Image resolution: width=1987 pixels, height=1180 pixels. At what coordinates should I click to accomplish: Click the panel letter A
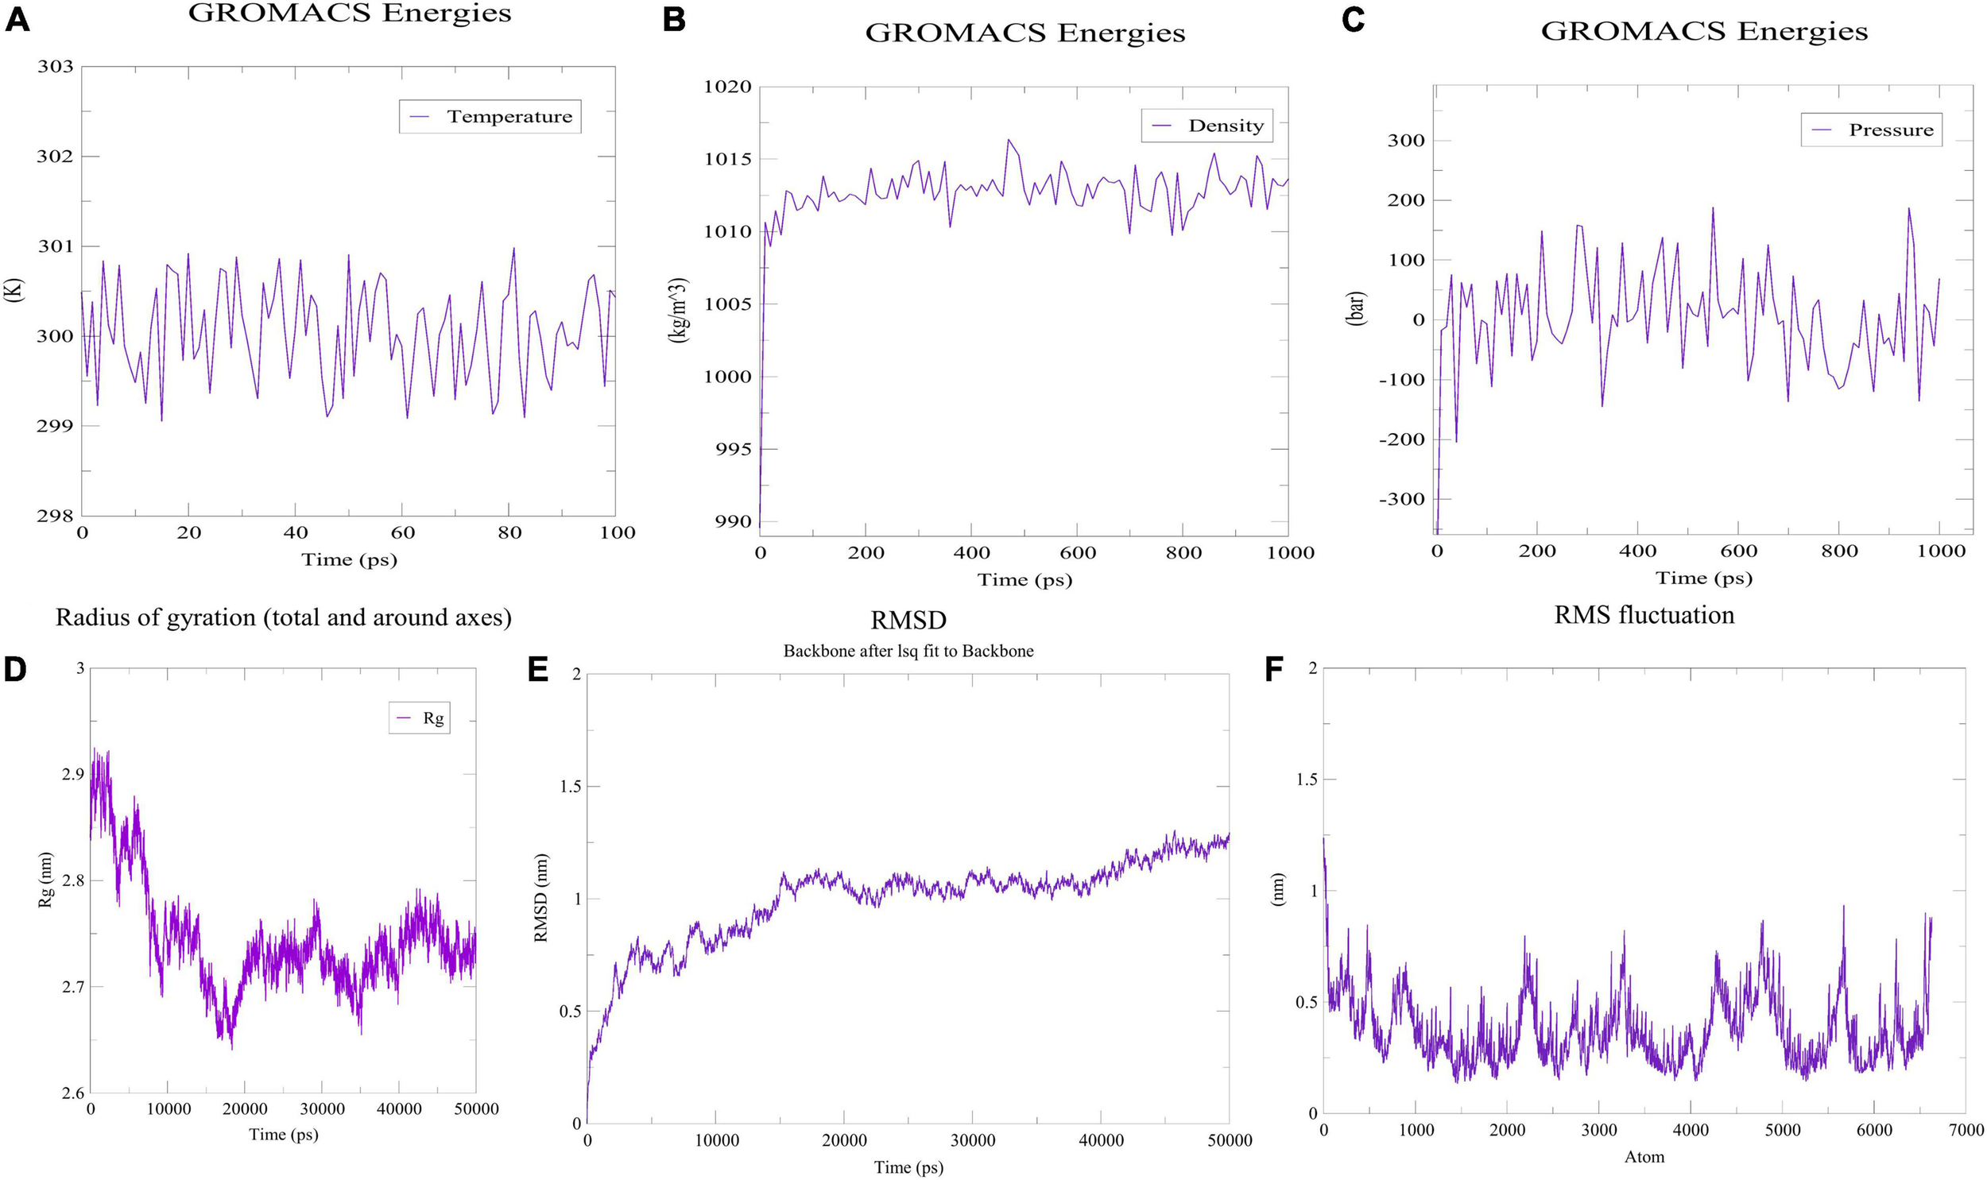tap(17, 20)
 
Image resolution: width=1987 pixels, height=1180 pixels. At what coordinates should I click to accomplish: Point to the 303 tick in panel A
tap(55, 67)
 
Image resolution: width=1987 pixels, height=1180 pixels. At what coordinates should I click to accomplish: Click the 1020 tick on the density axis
tap(727, 87)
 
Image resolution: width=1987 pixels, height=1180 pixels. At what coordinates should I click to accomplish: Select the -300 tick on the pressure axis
tap(1406, 499)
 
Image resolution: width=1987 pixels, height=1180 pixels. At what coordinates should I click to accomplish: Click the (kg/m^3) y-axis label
tap(678, 310)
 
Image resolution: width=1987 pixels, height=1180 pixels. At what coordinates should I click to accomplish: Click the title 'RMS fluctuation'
tap(1644, 616)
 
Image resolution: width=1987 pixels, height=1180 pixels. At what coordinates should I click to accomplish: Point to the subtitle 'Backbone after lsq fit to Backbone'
tap(908, 652)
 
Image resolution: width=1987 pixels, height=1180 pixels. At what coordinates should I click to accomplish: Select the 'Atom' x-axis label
tap(1644, 1157)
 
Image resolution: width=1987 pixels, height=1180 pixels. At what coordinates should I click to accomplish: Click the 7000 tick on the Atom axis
tap(1965, 1130)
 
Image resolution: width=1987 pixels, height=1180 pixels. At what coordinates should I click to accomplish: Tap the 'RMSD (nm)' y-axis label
tap(541, 899)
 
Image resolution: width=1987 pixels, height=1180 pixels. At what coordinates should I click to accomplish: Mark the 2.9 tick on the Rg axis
tap(72, 775)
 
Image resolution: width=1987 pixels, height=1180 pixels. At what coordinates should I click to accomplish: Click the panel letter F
tap(1275, 671)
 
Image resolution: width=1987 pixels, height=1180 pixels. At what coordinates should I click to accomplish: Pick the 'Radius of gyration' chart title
tap(283, 618)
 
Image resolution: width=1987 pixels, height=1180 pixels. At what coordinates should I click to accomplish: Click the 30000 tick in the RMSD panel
tap(972, 1141)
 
